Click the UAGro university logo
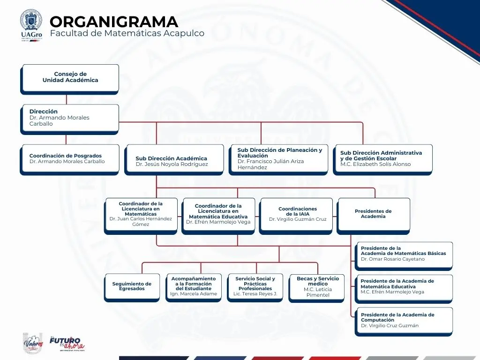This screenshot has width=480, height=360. click(x=31, y=25)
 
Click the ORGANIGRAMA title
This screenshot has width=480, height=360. click(x=114, y=22)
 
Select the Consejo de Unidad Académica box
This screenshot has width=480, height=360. click(x=69, y=78)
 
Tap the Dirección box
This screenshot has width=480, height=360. click(x=69, y=118)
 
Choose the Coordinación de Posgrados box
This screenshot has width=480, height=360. click(x=69, y=159)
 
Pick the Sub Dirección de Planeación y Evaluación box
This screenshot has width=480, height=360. click(x=278, y=159)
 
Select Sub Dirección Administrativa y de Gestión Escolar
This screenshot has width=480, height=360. click(x=382, y=159)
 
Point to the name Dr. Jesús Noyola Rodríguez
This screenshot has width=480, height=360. click(x=172, y=165)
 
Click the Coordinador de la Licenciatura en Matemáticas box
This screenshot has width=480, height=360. click(x=141, y=214)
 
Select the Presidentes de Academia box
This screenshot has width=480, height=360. click(x=373, y=214)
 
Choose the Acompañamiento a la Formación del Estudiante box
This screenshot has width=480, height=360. click(x=194, y=286)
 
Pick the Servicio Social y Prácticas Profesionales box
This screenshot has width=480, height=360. click(x=255, y=286)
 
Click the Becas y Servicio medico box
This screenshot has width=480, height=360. click(x=317, y=286)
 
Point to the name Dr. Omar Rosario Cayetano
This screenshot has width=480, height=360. click(x=392, y=259)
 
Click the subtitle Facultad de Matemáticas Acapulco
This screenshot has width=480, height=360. click(x=127, y=34)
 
